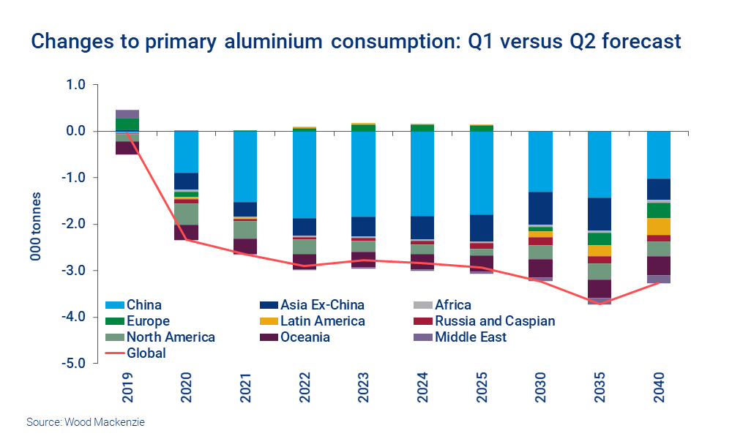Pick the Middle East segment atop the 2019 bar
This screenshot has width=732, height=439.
127,114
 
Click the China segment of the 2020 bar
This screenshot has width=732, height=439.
187,151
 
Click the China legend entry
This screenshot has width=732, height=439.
143,304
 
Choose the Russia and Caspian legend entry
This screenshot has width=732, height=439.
495,320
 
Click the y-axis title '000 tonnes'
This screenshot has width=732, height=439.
34,224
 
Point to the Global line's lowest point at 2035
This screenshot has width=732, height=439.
601,304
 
